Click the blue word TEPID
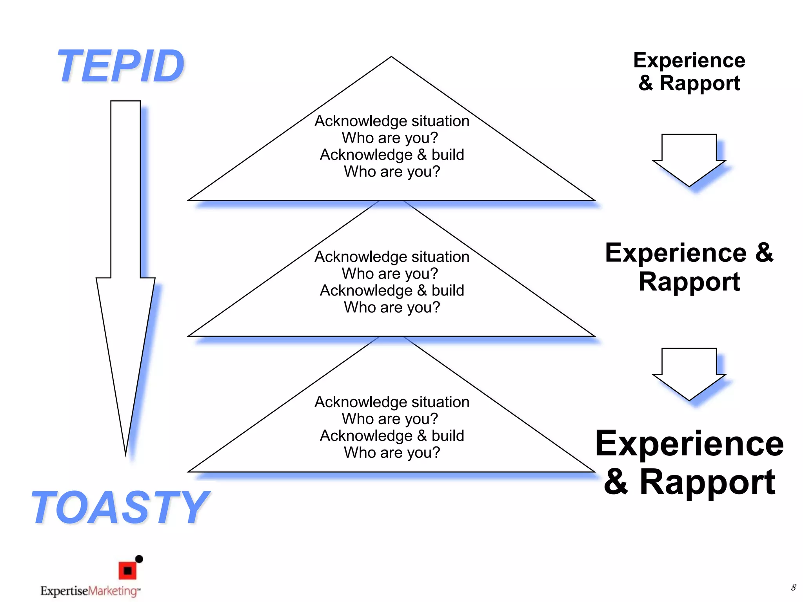coord(121,66)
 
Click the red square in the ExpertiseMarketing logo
coord(127,571)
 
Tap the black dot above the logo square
coord(139,559)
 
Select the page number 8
coord(793,587)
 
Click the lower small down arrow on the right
coord(689,374)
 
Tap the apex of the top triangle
coord(391,58)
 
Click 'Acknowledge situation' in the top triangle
coord(392,121)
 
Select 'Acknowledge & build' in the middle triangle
coord(392,290)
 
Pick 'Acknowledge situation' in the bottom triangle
coord(392,402)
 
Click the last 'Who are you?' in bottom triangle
coord(392,453)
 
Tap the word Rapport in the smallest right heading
coord(699,83)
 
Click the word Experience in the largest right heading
coord(689,444)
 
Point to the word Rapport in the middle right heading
coord(689,281)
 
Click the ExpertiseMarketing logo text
coord(89,591)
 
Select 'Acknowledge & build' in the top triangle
coord(392,155)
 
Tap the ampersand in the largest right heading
coord(616,482)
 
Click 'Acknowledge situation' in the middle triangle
coord(392,257)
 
